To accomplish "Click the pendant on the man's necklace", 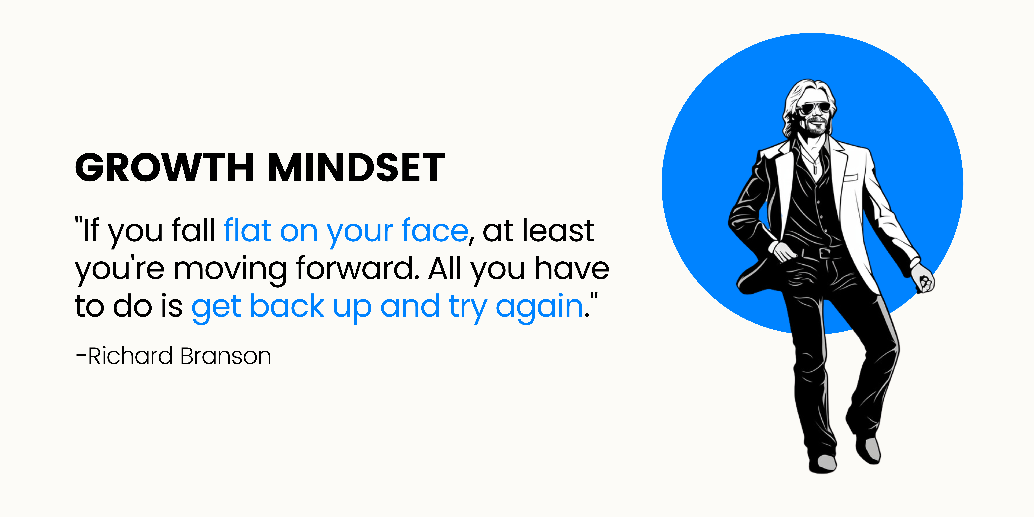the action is [x=815, y=169].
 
